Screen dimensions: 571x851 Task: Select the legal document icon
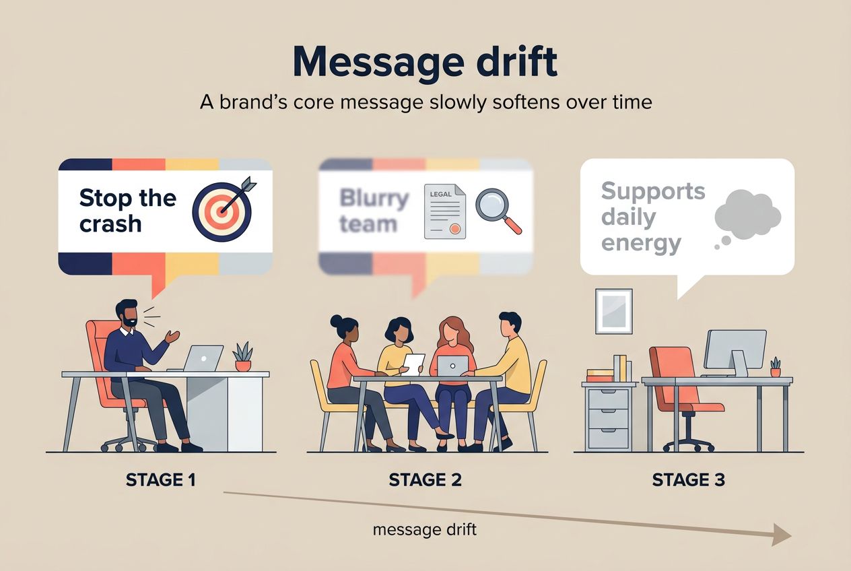click(x=444, y=211)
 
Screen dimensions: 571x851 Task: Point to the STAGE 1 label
click(x=161, y=480)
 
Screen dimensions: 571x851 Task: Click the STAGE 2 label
click(x=425, y=480)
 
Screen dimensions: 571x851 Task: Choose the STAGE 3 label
click(x=688, y=480)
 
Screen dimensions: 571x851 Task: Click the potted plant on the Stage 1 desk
click(x=242, y=357)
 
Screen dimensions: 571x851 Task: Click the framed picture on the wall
click(x=614, y=311)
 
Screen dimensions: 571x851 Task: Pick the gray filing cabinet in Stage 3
click(x=608, y=416)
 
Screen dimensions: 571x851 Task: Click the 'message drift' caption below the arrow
click(x=425, y=529)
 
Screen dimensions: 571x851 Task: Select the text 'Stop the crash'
click(x=127, y=210)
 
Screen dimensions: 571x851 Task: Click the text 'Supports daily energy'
click(x=652, y=216)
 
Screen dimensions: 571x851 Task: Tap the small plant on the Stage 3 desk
click(x=776, y=367)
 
